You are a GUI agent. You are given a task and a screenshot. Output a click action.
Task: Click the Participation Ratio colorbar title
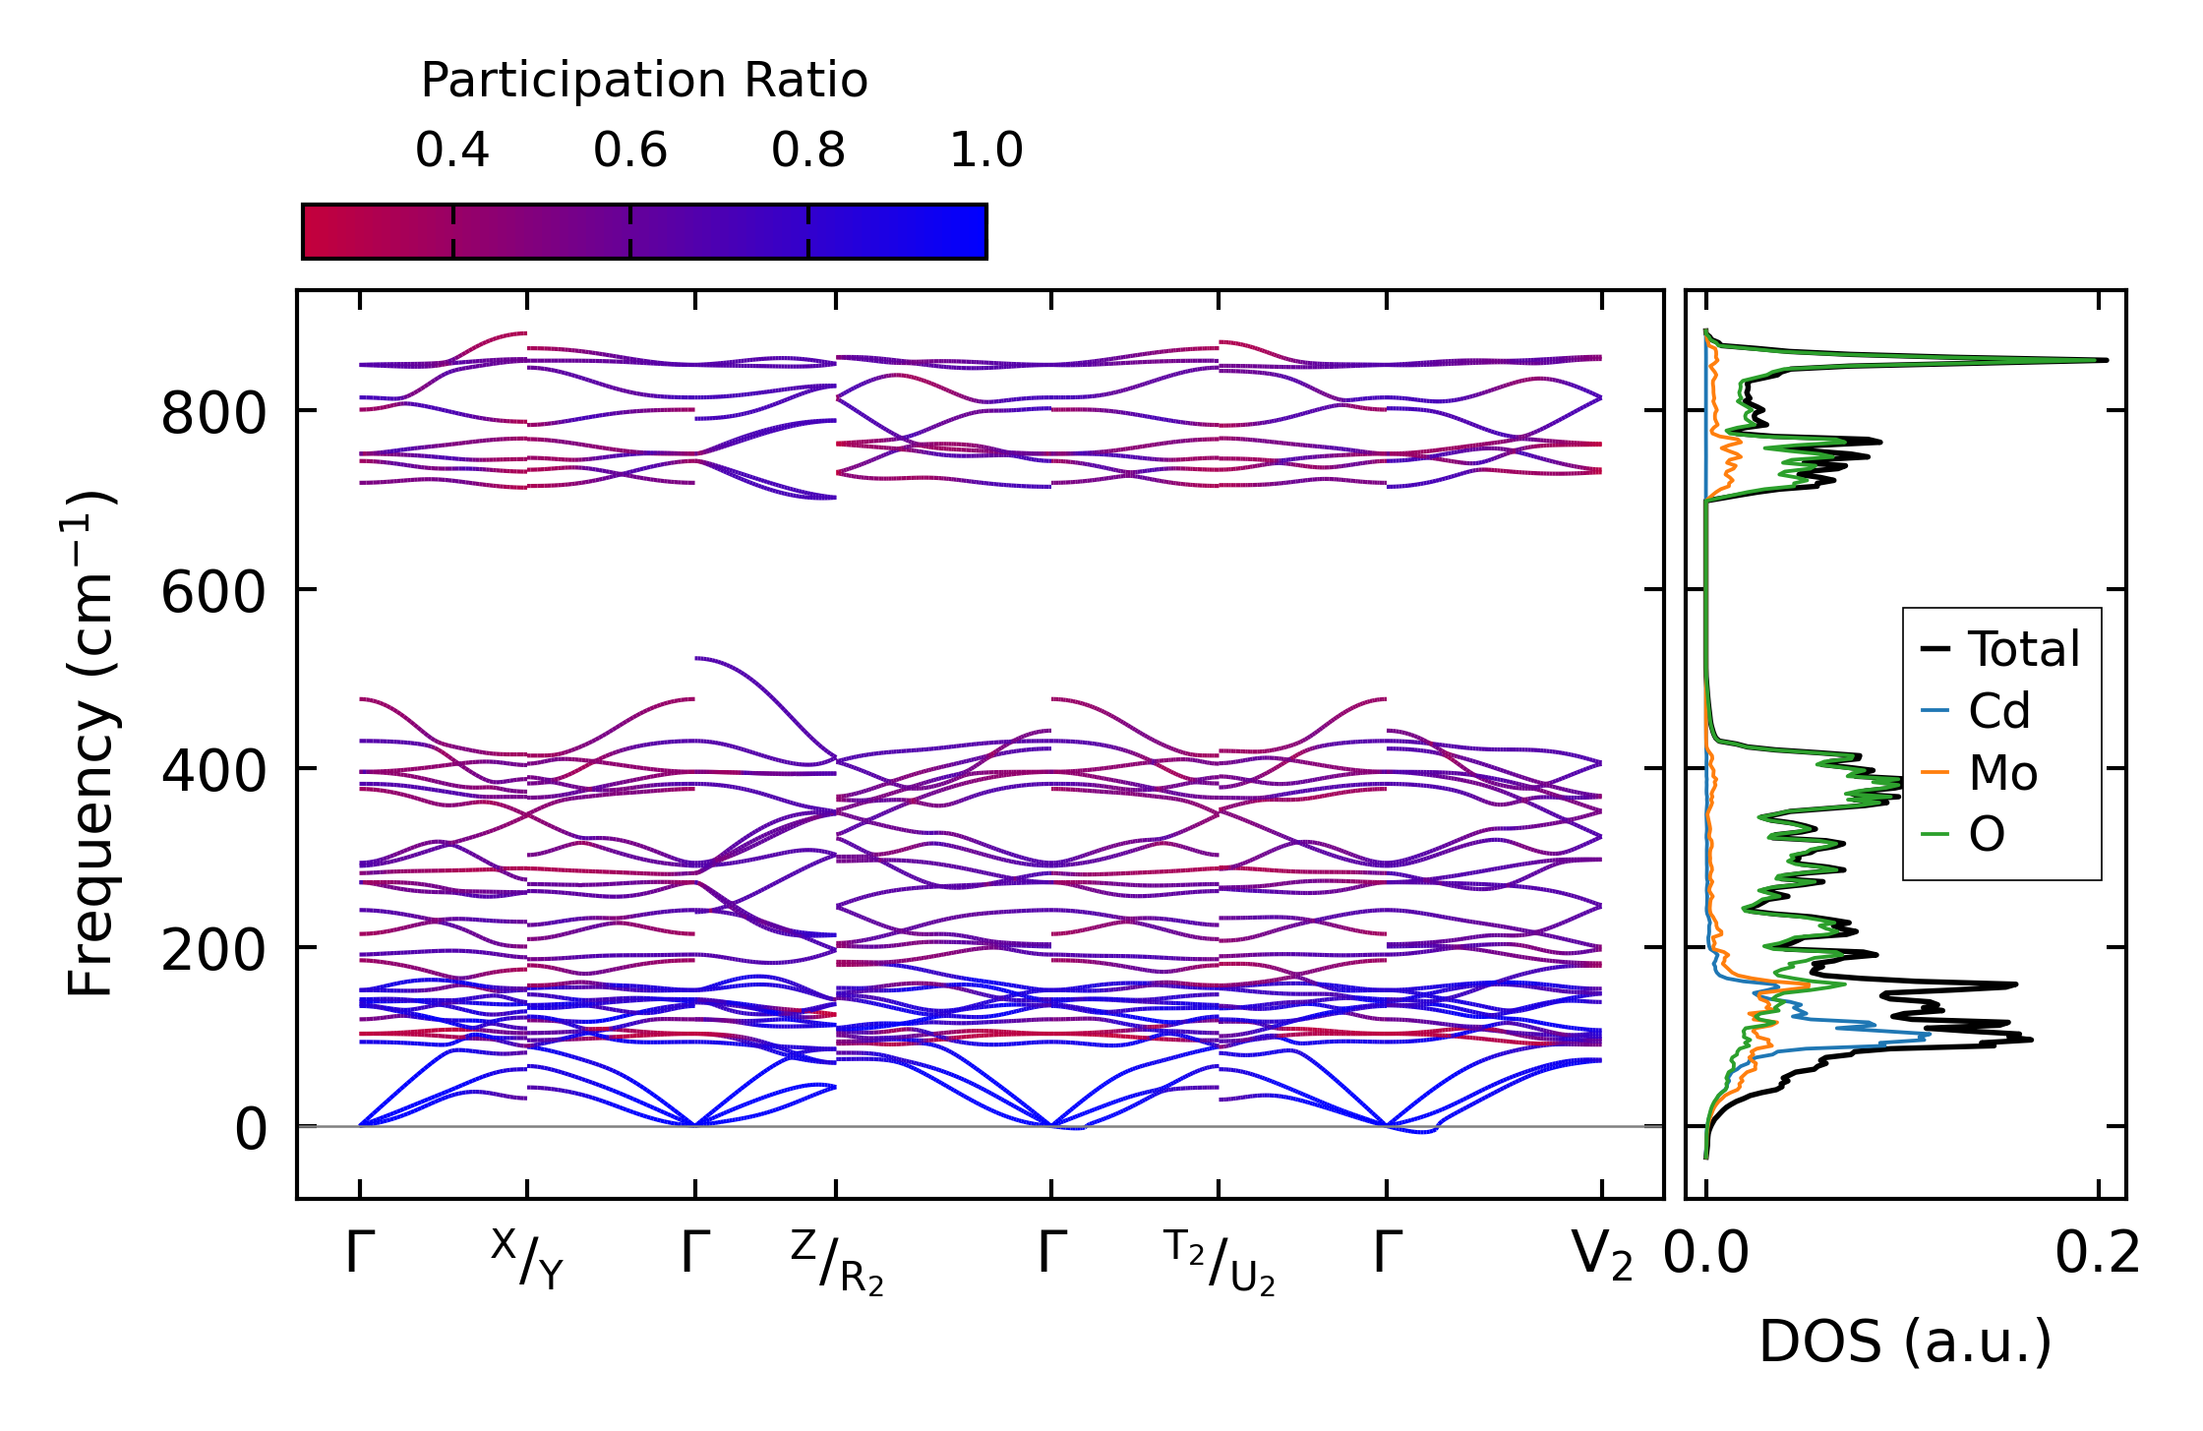pyautogui.click(x=644, y=81)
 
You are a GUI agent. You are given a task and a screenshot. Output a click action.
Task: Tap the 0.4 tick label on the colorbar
pyautogui.click(x=452, y=150)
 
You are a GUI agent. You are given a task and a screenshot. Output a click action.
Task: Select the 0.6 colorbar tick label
pyautogui.click(x=630, y=150)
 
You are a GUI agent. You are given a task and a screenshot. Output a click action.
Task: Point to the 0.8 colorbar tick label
pyautogui.click(x=808, y=150)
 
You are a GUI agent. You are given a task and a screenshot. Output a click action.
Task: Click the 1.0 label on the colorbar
pyautogui.click(x=986, y=150)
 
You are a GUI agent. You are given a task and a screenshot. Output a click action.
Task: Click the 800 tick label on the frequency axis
pyautogui.click(x=213, y=413)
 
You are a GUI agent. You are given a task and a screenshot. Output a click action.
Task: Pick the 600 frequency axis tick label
pyautogui.click(x=213, y=592)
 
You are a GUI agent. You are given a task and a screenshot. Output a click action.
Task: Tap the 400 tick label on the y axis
pyautogui.click(x=213, y=771)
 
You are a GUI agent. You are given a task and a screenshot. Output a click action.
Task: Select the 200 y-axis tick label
pyautogui.click(x=213, y=950)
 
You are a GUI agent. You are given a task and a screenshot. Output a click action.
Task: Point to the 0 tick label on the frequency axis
pyautogui.click(x=250, y=1129)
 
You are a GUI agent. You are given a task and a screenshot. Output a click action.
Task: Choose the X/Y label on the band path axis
pyautogui.click(x=527, y=1259)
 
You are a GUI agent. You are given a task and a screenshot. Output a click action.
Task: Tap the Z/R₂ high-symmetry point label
pyautogui.click(x=837, y=1263)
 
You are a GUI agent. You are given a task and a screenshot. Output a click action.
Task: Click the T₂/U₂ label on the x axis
pyautogui.click(x=1220, y=1263)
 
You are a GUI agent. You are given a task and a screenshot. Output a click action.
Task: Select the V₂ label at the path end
pyautogui.click(x=1602, y=1256)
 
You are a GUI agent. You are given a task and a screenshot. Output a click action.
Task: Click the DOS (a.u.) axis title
pyautogui.click(x=1905, y=1342)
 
